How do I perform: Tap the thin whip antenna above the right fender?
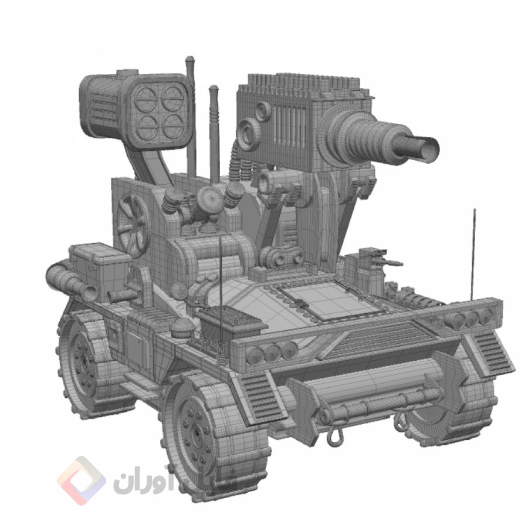[473, 252]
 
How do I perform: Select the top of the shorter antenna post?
[214, 89]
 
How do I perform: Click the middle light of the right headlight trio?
[471, 319]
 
